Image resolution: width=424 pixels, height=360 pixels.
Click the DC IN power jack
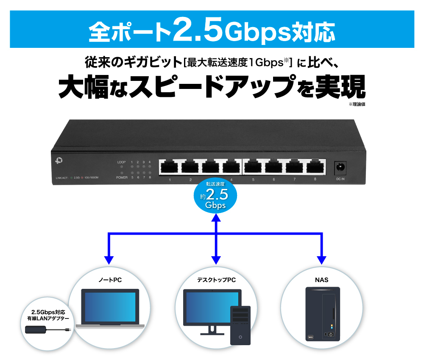[340, 168]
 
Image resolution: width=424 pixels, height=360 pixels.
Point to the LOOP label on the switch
[121, 162]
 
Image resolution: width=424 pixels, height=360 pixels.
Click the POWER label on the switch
[122, 177]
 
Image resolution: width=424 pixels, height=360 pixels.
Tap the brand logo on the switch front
[59, 161]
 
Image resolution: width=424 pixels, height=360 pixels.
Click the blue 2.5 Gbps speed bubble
[215, 196]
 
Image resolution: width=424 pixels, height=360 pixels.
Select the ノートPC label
[110, 280]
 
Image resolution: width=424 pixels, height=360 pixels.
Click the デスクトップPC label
[216, 280]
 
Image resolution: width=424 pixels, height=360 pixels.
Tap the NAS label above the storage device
[321, 280]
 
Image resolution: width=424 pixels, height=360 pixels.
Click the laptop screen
[110, 307]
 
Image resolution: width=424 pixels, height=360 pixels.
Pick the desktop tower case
[240, 325]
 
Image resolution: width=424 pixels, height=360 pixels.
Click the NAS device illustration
[323, 314]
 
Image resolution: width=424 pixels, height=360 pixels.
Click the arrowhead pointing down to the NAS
[321, 260]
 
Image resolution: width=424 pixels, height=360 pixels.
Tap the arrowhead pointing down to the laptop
[109, 260]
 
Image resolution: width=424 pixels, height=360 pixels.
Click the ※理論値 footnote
[357, 104]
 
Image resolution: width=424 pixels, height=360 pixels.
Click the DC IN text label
[340, 179]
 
